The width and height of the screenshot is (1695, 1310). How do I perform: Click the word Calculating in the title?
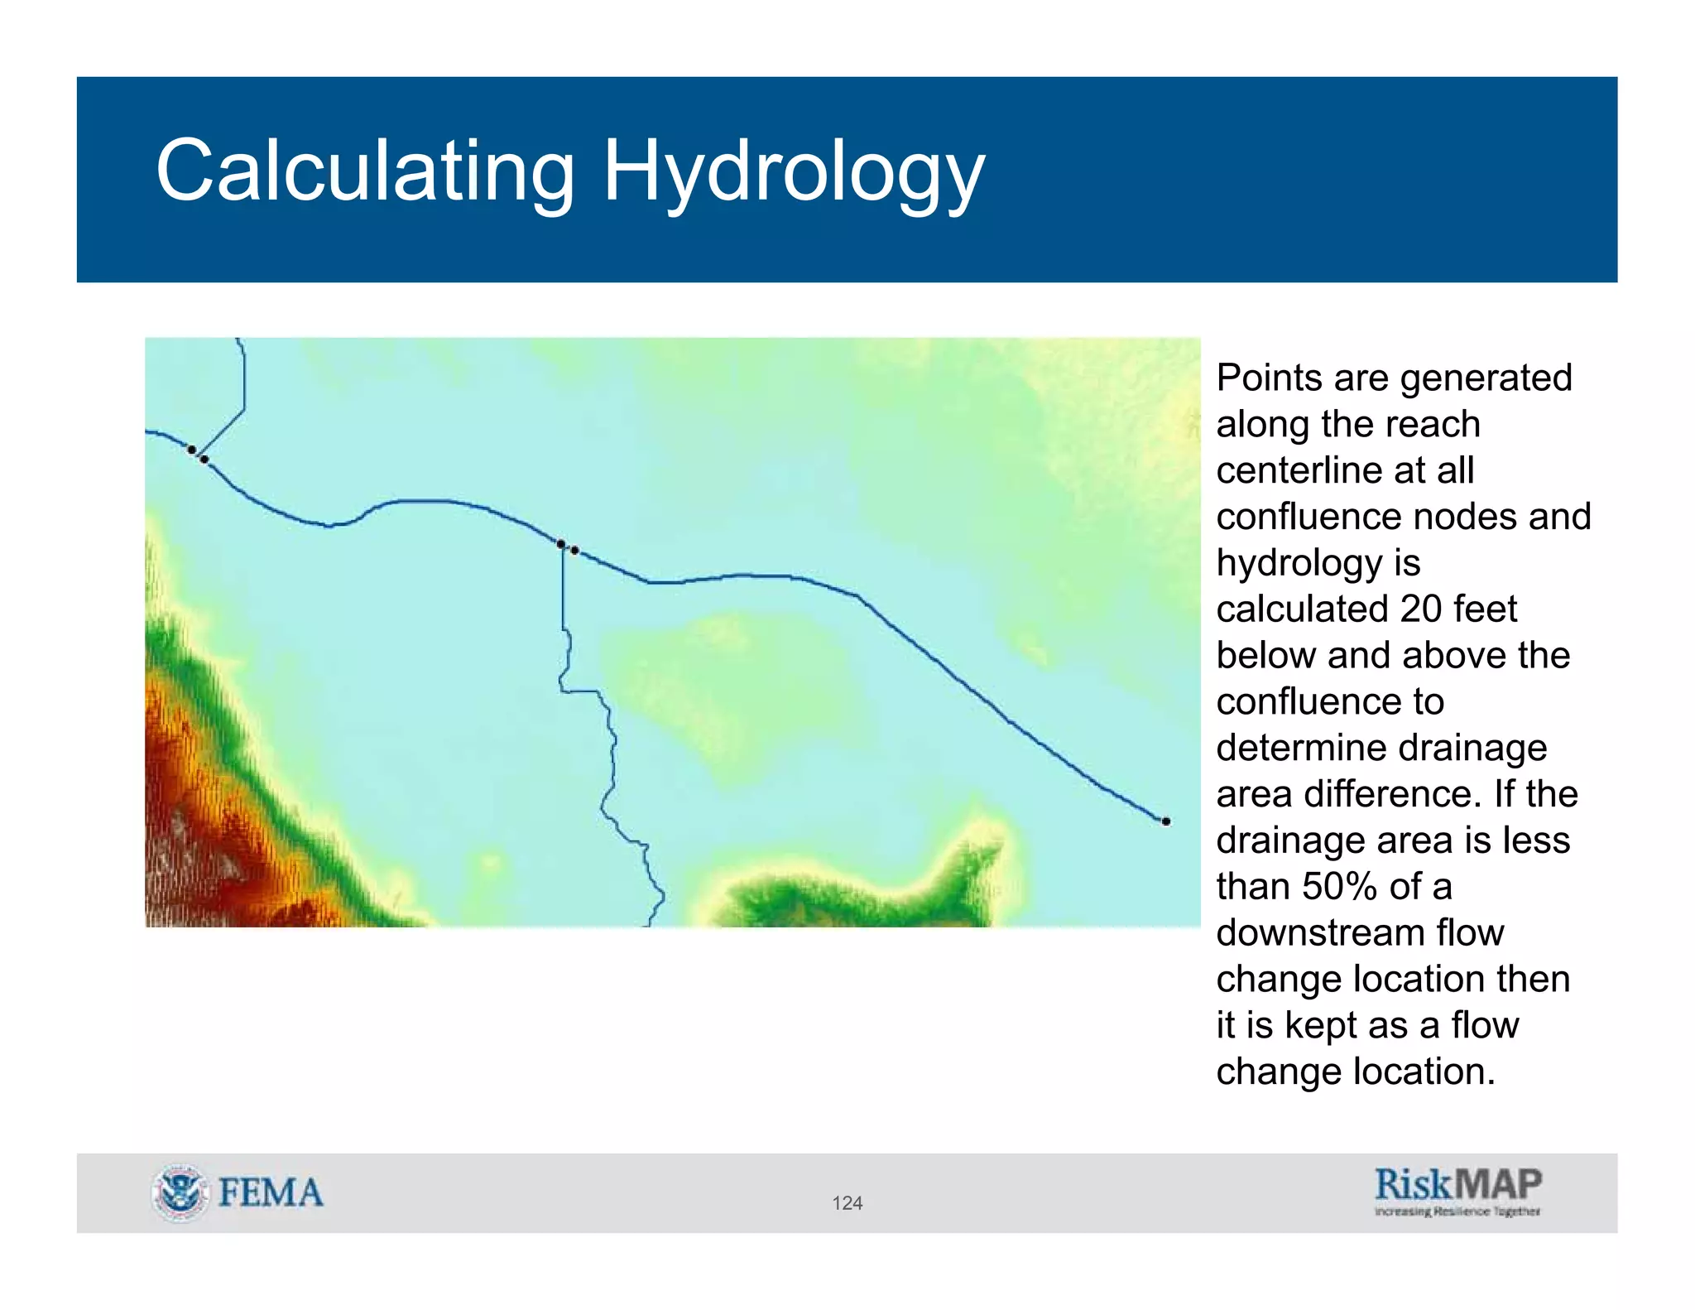[364, 171]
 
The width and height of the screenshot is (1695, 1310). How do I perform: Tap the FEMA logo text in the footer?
[271, 1192]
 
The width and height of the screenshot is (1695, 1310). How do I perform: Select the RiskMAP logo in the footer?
[1457, 1184]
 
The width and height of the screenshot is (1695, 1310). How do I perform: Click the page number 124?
[847, 1203]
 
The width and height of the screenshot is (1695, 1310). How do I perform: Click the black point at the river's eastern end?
[1165, 821]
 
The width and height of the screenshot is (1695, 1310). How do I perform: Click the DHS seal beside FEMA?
[180, 1192]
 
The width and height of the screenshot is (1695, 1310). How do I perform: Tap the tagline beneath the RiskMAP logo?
[1457, 1211]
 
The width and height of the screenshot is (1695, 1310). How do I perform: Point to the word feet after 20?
[1486, 609]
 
